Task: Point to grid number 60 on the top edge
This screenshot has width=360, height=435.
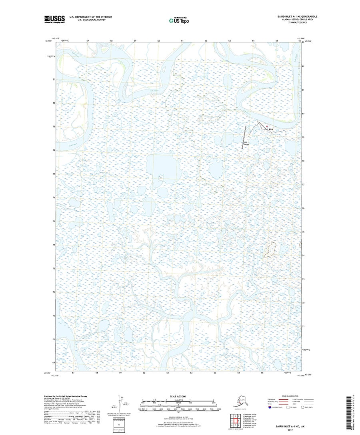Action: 159,41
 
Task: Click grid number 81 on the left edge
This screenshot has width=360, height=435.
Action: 54,80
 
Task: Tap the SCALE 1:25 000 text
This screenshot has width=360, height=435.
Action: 179,397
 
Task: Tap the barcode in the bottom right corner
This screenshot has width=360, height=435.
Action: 352,410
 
